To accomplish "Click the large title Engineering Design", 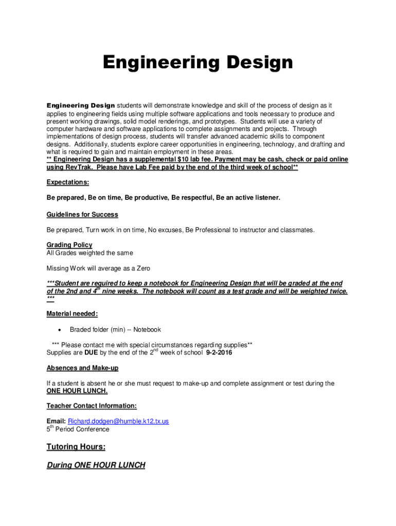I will click(x=197, y=63).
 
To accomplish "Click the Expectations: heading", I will click(x=68, y=182).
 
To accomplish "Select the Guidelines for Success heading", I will click(x=82, y=214).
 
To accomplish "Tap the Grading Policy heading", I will click(x=69, y=245).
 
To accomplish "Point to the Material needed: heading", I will click(x=73, y=313).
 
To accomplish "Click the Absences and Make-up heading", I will click(x=82, y=368).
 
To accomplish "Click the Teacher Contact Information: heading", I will click(x=92, y=406).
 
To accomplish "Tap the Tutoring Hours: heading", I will click(x=76, y=447).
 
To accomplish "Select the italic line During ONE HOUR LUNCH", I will click(x=96, y=465).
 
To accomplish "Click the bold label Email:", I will click(x=56, y=421).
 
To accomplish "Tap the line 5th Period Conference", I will click(x=78, y=429).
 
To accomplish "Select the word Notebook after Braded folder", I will click(x=147, y=330).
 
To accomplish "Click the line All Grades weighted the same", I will click(x=89, y=253).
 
